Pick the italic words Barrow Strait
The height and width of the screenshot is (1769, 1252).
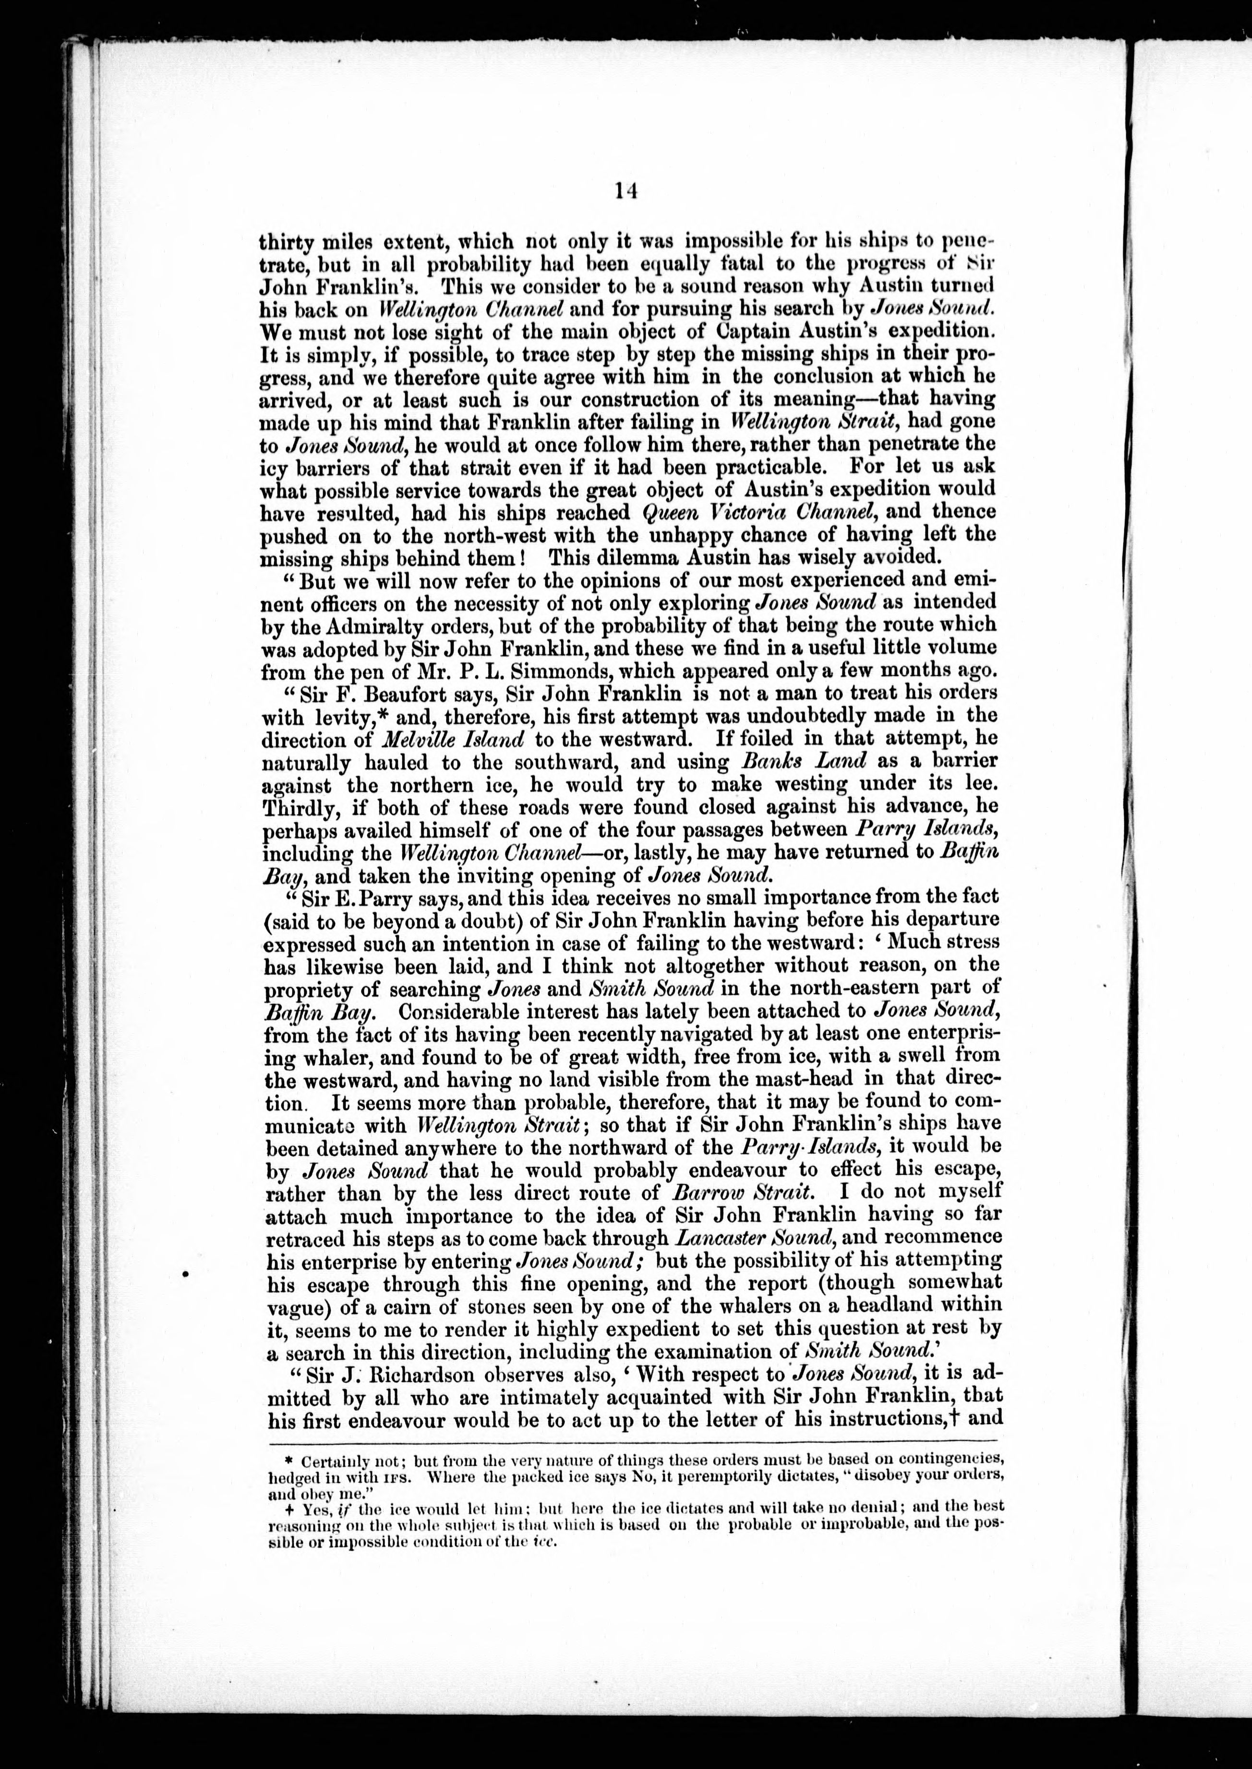[752, 1193]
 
